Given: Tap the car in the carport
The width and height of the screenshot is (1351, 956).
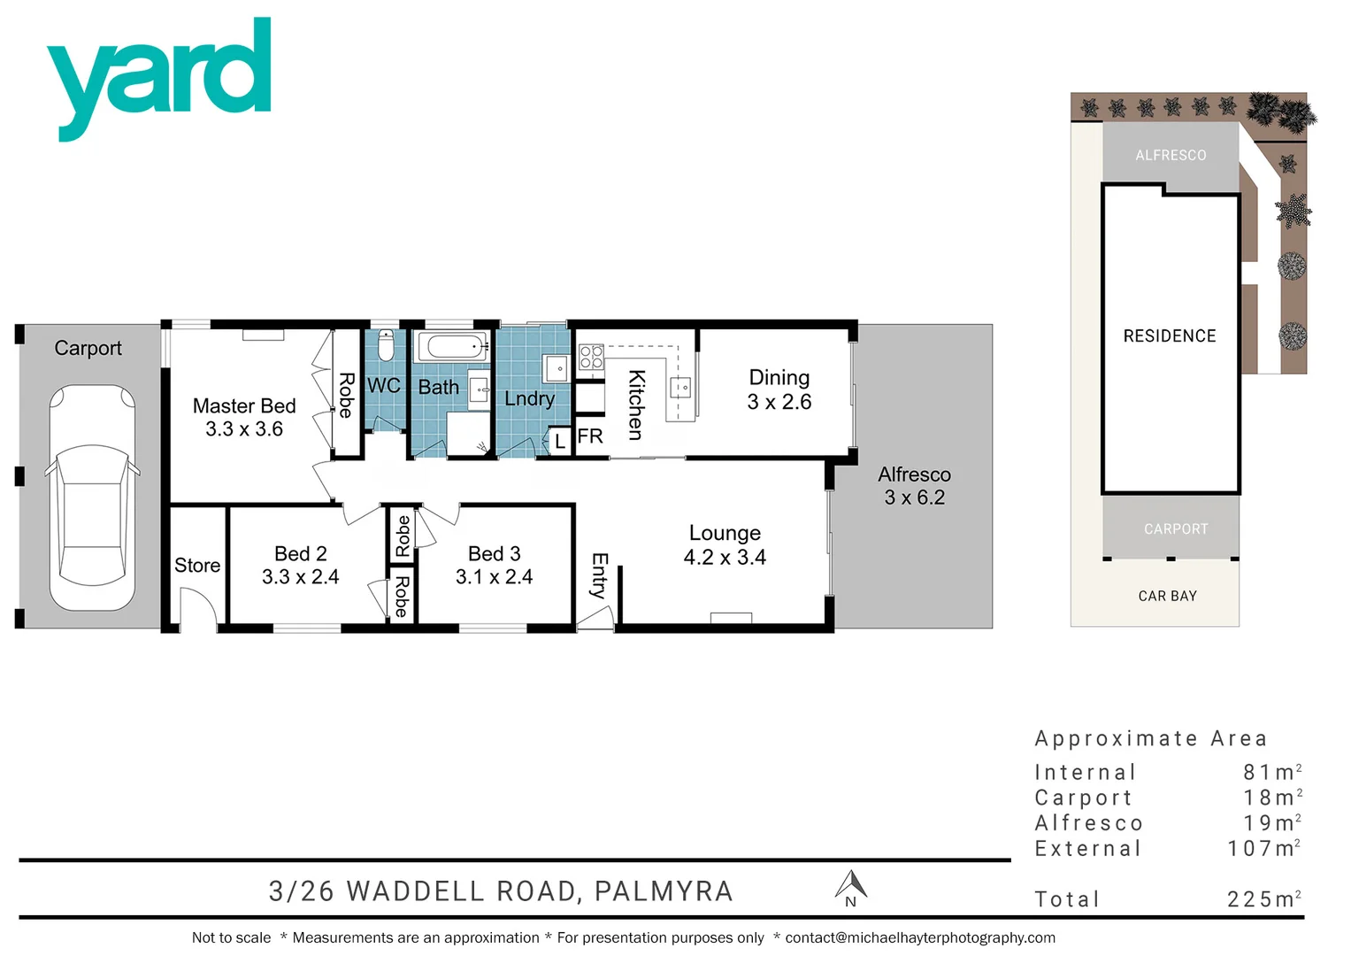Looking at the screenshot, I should click(92, 497).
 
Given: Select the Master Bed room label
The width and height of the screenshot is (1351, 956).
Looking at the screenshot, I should click(244, 406).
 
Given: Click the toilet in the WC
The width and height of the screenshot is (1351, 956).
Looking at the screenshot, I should click(385, 345).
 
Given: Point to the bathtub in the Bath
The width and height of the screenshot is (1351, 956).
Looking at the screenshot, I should click(451, 346).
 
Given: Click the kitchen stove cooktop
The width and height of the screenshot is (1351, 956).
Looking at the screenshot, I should click(591, 358).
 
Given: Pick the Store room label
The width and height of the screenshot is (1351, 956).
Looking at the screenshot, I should click(196, 566).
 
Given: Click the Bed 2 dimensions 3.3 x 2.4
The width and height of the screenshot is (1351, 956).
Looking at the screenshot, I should click(300, 577).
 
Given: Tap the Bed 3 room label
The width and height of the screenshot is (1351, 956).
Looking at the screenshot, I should click(494, 554).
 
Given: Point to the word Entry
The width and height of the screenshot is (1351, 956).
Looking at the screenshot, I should click(599, 575).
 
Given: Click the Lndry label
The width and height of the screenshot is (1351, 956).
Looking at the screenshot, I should click(529, 399).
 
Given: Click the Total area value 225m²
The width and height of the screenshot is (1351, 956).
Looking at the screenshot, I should click(1263, 899).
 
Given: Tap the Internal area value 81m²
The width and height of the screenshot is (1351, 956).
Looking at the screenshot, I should click(1271, 773).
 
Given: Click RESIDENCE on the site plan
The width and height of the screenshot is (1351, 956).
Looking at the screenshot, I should click(1169, 336).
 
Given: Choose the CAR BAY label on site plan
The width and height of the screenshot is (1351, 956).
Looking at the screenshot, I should click(1167, 597).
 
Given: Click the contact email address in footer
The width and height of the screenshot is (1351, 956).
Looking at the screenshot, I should click(919, 938).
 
